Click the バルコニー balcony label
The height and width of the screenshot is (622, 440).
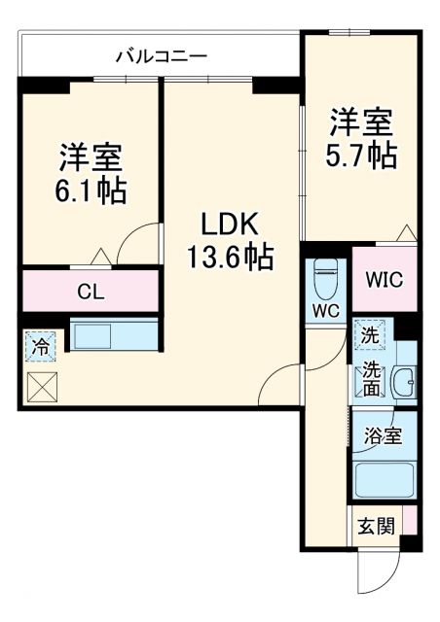161,56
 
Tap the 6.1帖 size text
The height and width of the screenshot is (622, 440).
92,190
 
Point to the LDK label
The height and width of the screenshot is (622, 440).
229,225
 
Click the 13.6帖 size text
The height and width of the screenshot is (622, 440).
230,258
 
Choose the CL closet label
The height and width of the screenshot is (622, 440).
91,291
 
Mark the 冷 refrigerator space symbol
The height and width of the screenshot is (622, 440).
41,345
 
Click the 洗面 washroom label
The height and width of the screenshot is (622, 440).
372,380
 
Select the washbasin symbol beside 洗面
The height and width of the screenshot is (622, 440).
404,384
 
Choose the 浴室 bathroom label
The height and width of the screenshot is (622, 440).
383,435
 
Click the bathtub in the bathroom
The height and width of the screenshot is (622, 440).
384,481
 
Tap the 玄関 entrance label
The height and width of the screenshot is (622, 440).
375,527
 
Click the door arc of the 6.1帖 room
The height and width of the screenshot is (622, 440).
136,241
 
